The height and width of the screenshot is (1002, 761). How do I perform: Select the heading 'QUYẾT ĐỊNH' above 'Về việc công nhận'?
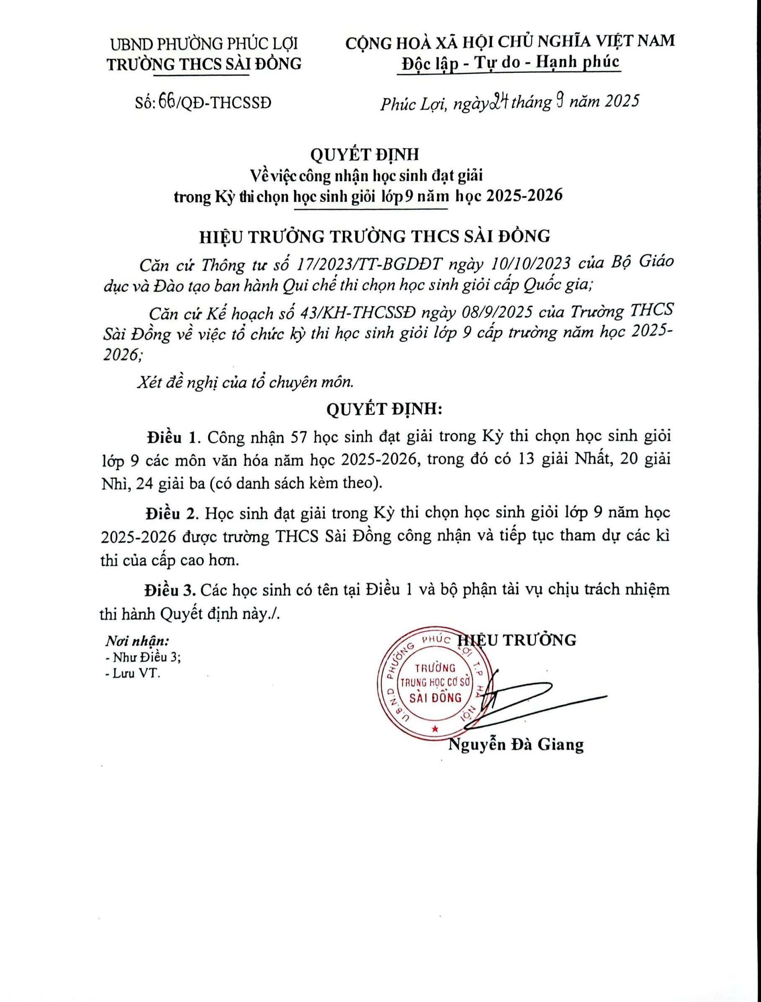(364, 154)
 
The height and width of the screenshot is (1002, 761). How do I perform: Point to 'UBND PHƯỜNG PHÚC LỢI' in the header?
(204, 44)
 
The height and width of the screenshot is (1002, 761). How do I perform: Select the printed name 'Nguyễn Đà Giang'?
(515, 745)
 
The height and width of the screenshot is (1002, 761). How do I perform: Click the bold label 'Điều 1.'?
(172, 437)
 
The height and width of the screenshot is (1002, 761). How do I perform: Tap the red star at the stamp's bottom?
(435, 729)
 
